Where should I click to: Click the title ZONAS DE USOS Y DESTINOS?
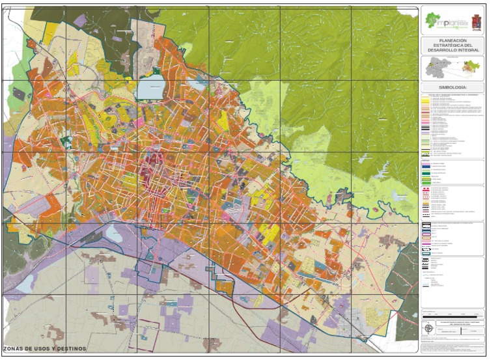point(44,349)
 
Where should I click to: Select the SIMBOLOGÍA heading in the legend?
point(452,87)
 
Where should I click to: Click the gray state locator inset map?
point(436,68)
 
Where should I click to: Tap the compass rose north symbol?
point(428,327)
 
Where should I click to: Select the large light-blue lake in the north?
point(150,88)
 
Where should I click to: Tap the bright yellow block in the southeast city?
point(268,234)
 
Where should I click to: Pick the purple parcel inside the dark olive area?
point(79,21)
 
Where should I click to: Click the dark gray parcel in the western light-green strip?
point(19,94)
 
